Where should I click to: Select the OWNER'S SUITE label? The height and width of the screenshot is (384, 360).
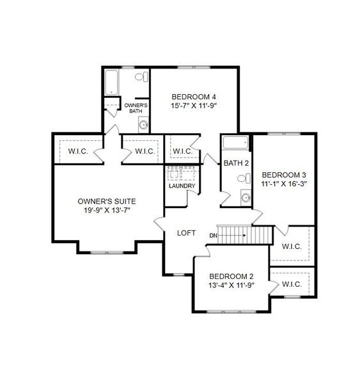[x=107, y=200]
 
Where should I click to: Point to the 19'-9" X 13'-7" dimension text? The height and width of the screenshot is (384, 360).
[x=107, y=210]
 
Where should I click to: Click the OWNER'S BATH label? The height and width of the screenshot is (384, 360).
[x=136, y=108]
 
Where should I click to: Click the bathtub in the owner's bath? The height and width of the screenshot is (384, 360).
[x=111, y=81]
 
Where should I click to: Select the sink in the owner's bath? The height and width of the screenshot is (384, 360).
[x=143, y=124]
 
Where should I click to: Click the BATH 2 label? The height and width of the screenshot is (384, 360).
[x=236, y=163]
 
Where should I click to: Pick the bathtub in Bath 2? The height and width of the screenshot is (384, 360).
[x=236, y=143]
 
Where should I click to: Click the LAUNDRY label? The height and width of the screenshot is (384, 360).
[x=182, y=186]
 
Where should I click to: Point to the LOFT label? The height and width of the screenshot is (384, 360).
[x=186, y=233]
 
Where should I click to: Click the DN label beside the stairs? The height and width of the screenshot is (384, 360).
[x=212, y=236]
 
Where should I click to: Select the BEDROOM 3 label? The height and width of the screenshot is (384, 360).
[x=285, y=174]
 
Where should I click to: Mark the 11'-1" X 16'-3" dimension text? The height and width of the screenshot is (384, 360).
[x=285, y=184]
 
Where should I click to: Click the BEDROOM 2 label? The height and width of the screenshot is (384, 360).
[x=232, y=276]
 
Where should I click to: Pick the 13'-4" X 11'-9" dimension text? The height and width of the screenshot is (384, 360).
[x=232, y=286]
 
